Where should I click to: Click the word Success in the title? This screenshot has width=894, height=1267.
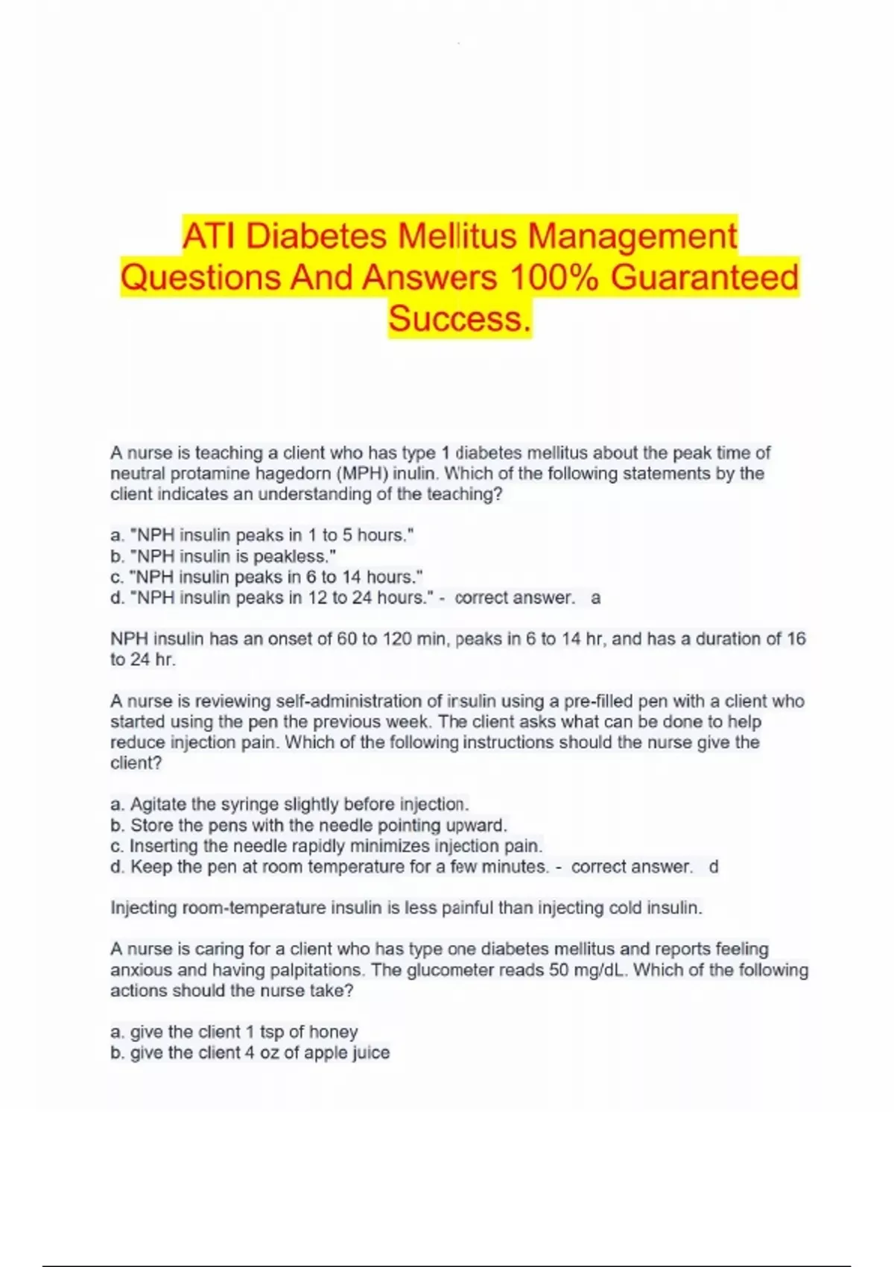click(x=459, y=318)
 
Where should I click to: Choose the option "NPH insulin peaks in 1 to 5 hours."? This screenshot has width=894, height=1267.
click(x=262, y=535)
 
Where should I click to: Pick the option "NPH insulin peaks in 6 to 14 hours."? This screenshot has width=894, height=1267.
click(x=267, y=577)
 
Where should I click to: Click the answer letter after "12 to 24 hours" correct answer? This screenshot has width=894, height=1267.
click(x=595, y=598)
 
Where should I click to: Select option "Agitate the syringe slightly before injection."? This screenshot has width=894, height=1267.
click(x=290, y=804)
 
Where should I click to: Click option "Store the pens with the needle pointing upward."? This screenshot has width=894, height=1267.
click(x=308, y=825)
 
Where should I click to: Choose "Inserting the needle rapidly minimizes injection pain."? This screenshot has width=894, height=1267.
click(x=326, y=846)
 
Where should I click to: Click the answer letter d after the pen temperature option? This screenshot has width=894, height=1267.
click(x=714, y=867)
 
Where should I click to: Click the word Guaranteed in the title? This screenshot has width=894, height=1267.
click(x=704, y=277)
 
